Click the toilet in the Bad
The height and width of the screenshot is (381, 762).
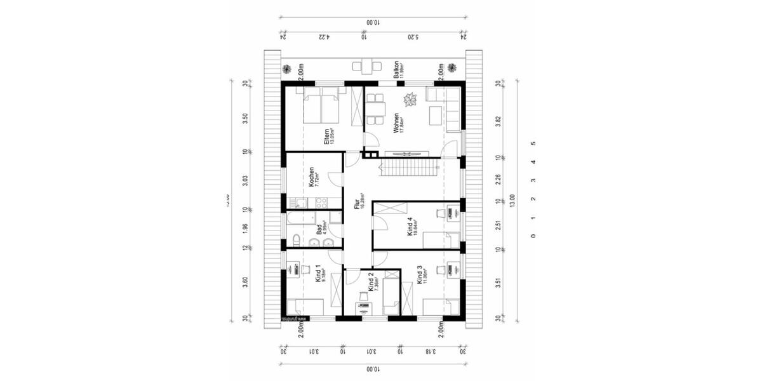point(296,239)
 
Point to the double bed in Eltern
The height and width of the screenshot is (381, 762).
point(323,105)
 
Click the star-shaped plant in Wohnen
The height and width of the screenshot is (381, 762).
point(410,99)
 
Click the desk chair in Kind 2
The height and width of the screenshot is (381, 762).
point(363,296)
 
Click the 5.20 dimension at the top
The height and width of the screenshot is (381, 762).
point(412,37)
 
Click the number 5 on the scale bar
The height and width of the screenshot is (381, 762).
point(533,144)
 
